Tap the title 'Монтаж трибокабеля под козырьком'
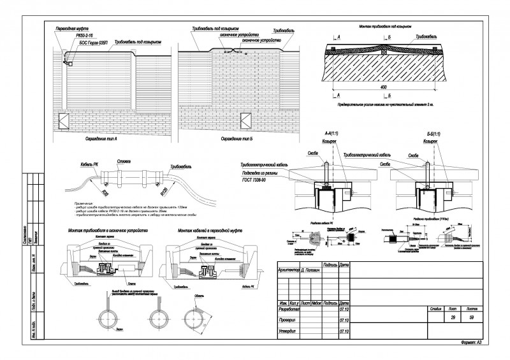(386, 27)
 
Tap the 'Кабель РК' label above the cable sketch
(86, 164)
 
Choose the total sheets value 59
(472, 317)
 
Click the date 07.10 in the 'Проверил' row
(344, 320)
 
